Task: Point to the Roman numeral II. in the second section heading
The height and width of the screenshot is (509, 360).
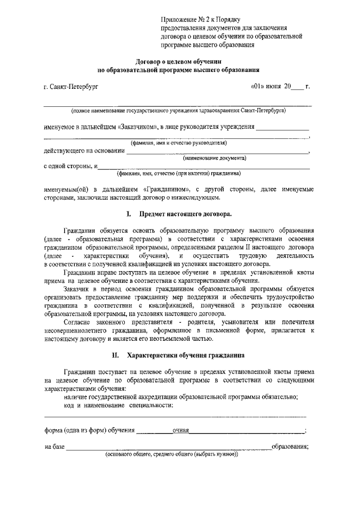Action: [x=116, y=355]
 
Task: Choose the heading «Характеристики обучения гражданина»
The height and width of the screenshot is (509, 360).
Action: [x=186, y=355]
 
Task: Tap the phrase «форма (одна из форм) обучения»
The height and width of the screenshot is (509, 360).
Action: [x=90, y=431]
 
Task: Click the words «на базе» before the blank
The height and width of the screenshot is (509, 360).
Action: [x=55, y=447]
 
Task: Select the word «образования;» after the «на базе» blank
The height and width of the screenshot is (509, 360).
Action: [x=290, y=447]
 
